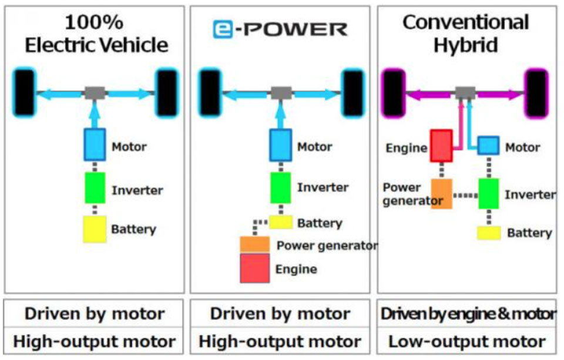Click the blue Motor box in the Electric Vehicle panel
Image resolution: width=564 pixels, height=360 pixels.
tap(93, 144)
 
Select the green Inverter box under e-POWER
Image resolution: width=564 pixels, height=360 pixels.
tap(281, 187)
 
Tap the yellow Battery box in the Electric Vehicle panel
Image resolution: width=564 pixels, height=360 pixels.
tap(93, 229)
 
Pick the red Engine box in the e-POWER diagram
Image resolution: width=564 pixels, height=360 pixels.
tap(254, 268)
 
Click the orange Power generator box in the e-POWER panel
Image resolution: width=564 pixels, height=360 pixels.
tap(254, 244)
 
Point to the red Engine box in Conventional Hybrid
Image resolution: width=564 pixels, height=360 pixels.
tap(441, 146)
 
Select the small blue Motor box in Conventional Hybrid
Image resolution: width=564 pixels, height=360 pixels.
tap(488, 146)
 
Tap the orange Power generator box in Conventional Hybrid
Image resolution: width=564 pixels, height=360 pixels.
tap(441, 194)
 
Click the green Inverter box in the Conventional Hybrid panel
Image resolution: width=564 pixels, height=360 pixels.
tap(488, 194)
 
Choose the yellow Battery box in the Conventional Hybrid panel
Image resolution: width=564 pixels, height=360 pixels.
tap(488, 233)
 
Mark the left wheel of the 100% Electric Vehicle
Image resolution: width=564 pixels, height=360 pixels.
tap(23, 93)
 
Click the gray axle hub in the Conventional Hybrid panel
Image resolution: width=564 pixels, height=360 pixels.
tap(465, 92)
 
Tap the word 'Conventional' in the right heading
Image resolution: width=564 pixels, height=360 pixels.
tap(465, 22)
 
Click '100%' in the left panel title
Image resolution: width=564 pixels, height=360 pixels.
tap(94, 22)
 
